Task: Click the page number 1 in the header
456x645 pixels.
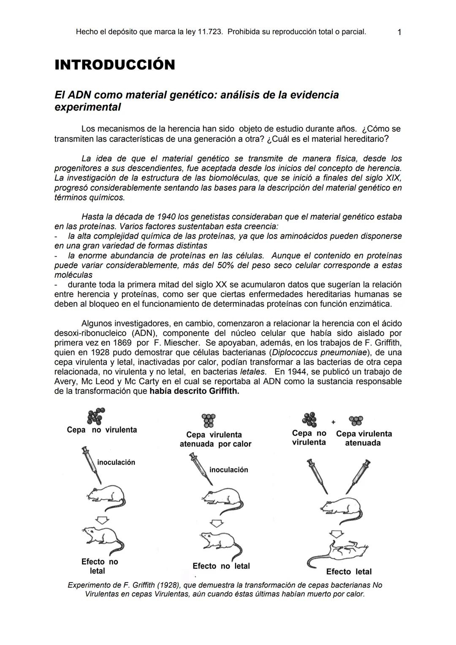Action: (x=399, y=33)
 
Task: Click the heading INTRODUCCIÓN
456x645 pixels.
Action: (x=115, y=65)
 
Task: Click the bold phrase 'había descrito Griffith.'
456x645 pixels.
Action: (x=194, y=391)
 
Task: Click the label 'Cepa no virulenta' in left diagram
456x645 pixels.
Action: (x=102, y=430)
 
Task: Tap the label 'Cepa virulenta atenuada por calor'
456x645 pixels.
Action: (x=215, y=439)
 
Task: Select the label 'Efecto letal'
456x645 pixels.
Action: (x=349, y=572)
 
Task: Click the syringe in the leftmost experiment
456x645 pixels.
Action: (x=92, y=464)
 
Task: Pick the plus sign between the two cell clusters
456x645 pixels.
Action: (x=333, y=422)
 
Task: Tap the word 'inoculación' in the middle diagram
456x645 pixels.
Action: (x=228, y=470)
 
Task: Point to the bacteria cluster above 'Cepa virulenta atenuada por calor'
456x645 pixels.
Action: (x=209, y=420)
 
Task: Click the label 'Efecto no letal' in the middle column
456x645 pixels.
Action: (x=221, y=566)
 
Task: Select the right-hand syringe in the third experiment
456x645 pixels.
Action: (x=358, y=476)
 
